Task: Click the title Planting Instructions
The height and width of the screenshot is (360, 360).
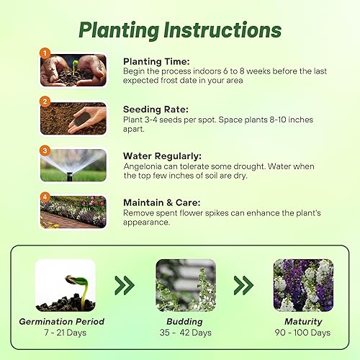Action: point(179,30)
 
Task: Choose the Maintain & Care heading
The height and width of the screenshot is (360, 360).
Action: point(162,202)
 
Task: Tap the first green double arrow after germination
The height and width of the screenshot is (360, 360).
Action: point(125,286)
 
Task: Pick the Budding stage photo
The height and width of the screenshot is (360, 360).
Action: point(185,285)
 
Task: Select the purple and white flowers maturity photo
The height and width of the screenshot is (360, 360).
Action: point(302,285)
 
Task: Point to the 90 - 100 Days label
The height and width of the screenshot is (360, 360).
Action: point(303,333)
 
